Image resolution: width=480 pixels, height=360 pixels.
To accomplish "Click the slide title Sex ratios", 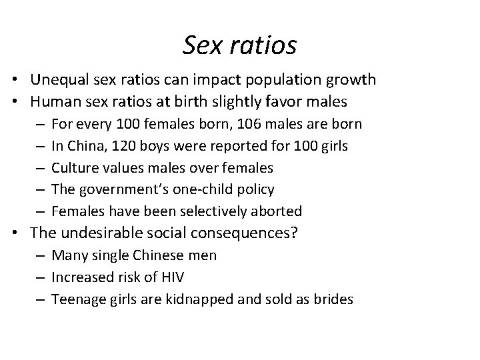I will pos(239,45).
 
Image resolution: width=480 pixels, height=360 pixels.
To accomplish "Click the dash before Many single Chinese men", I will pos(41,255).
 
